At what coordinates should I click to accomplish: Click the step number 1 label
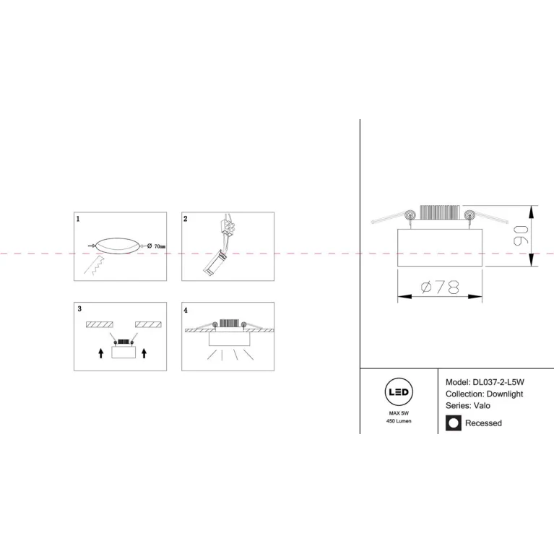(78, 219)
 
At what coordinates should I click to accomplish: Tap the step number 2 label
(186, 219)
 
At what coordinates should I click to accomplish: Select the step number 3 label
(79, 309)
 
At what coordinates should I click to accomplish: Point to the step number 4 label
(186, 310)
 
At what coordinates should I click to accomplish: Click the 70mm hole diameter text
(156, 246)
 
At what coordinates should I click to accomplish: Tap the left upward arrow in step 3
(101, 353)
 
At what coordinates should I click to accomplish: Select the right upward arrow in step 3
(144, 353)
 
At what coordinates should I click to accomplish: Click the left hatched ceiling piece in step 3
(100, 324)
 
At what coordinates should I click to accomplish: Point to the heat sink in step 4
(229, 323)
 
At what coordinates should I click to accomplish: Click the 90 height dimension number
(521, 235)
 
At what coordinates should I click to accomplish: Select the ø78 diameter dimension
(440, 287)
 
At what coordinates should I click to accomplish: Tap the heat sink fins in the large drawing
(440, 212)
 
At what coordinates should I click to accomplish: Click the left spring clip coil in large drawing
(410, 215)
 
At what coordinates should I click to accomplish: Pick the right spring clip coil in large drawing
(470, 215)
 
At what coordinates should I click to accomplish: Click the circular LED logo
(399, 391)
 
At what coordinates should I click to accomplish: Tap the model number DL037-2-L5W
(498, 382)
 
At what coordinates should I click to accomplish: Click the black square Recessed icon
(454, 423)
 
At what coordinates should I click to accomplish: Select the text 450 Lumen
(399, 421)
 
